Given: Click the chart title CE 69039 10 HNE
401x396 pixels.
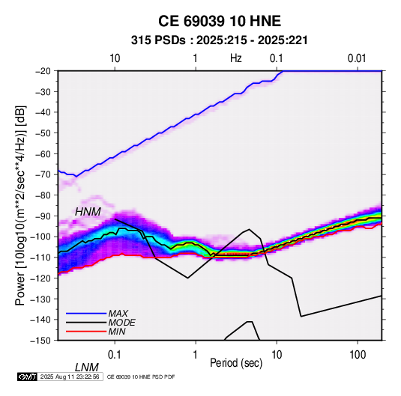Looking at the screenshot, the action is coord(220,21).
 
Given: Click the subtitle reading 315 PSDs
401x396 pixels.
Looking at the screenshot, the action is coord(158,40).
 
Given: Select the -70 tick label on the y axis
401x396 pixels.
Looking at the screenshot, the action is coord(43,174).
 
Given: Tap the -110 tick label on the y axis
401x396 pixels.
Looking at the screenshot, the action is coord(40,258).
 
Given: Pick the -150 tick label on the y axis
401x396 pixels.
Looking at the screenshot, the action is coord(40,341).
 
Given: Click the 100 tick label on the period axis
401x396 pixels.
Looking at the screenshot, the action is coord(358,355).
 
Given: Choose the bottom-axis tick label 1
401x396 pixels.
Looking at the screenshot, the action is coord(196,355).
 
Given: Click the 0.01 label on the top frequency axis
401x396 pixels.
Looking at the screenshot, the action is coord(357,58).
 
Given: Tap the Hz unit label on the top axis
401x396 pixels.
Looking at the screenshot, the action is coord(236,58).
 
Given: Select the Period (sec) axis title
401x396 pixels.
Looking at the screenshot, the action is coord(236,363).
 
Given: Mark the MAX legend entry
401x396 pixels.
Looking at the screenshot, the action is coord(118,313).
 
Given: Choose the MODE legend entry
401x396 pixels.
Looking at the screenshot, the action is coord(121,323).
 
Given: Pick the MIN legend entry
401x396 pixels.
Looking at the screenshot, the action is coord(117,332).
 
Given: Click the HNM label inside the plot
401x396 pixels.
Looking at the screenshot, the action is coord(88,212).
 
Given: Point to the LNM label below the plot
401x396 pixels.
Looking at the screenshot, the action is coord(86,368).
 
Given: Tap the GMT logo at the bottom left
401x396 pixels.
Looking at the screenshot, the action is coord(27,377).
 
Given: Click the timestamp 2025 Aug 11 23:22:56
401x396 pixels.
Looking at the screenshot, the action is coord(70,377).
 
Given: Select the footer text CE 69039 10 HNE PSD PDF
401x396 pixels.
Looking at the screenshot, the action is coord(141,377).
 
